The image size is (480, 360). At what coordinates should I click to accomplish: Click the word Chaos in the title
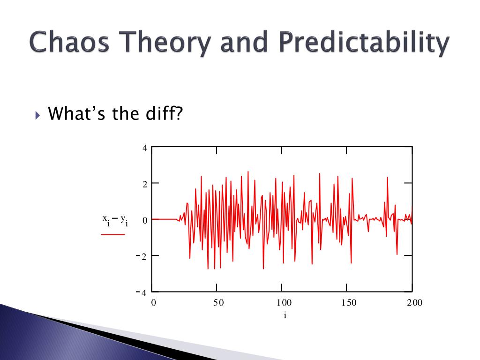[x=69, y=42]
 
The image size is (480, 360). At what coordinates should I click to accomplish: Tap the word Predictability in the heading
[x=364, y=43]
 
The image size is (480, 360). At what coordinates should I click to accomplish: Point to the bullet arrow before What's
[x=37, y=115]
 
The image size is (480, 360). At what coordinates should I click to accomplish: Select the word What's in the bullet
[x=76, y=113]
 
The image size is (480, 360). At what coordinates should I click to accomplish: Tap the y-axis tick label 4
[x=145, y=148]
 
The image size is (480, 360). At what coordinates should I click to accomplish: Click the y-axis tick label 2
[x=145, y=184]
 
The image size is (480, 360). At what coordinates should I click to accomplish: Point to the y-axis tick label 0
[x=145, y=220]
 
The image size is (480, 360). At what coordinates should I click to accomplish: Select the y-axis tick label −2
[x=142, y=256]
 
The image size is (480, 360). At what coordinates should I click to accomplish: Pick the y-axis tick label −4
[x=142, y=292]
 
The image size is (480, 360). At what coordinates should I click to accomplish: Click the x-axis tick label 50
[x=218, y=303]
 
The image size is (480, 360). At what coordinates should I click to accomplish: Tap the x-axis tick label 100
[x=284, y=303]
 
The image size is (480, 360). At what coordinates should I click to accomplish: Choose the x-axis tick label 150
[x=349, y=303]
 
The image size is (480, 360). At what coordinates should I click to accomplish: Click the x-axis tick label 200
[x=414, y=303]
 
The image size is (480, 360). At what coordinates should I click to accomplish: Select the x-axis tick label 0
[x=154, y=303]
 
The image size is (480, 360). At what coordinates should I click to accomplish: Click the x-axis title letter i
[x=285, y=315]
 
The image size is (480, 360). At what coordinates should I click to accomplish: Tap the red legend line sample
[x=113, y=234]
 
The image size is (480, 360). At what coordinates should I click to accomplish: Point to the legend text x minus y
[x=115, y=220]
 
